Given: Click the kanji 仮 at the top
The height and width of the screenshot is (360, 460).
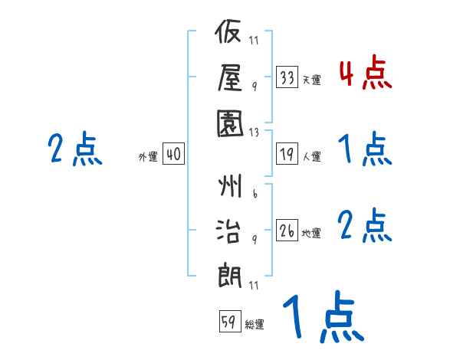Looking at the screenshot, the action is click(228, 31).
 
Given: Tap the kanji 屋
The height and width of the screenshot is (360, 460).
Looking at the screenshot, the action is click(230, 77).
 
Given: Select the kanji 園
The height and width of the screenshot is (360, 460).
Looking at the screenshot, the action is click(230, 123).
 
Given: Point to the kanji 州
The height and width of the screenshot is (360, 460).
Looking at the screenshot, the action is click(230, 185).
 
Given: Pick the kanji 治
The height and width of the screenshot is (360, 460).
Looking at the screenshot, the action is click(228, 231).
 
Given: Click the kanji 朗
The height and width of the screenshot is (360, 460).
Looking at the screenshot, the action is click(229, 275).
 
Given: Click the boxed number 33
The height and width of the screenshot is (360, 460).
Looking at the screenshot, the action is click(287, 77).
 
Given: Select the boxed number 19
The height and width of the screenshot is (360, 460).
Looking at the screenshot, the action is click(287, 154).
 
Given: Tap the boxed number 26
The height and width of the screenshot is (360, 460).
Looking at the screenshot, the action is click(287, 230).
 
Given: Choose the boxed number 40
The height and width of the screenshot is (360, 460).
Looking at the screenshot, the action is click(173, 154).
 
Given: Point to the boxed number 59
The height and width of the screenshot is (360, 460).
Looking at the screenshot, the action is click(230, 321).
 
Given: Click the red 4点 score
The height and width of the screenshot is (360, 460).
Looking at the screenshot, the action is click(366, 73).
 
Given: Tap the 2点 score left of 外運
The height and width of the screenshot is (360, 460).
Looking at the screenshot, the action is click(75, 149).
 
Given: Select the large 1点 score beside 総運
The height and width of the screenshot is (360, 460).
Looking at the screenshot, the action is click(324, 316).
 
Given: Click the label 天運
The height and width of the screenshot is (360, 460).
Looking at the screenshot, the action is click(311, 80).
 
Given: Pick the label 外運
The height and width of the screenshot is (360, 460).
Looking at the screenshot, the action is click(148, 156).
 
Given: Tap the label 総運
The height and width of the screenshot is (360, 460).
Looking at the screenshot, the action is click(255, 324).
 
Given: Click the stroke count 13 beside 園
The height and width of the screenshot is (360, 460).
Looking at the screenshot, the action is click(254, 133).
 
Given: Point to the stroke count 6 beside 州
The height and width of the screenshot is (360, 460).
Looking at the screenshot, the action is click(255, 194).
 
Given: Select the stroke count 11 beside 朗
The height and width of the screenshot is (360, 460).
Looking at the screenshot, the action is click(254, 285).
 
